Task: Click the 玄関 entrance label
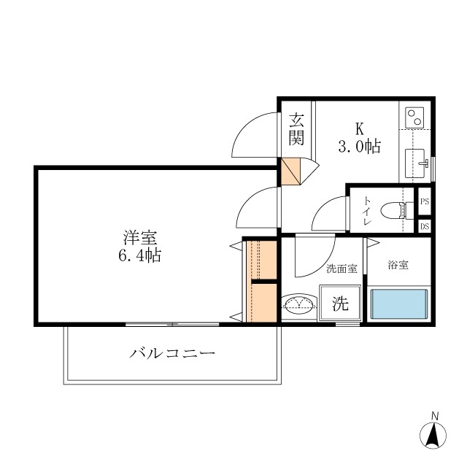[x=296, y=128]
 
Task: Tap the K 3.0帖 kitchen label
[x=359, y=138]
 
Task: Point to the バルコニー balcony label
[x=173, y=355]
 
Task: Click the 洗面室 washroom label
[x=341, y=269]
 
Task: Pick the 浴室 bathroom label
[x=398, y=265]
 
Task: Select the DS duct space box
[x=424, y=226]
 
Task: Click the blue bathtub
[x=398, y=304]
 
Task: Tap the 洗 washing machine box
[x=341, y=304]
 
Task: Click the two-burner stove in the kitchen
[x=415, y=117]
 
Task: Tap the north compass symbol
[x=434, y=435]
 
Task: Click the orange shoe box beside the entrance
[x=291, y=171]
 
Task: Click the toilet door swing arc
[x=328, y=215]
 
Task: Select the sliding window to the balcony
[x=172, y=323]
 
